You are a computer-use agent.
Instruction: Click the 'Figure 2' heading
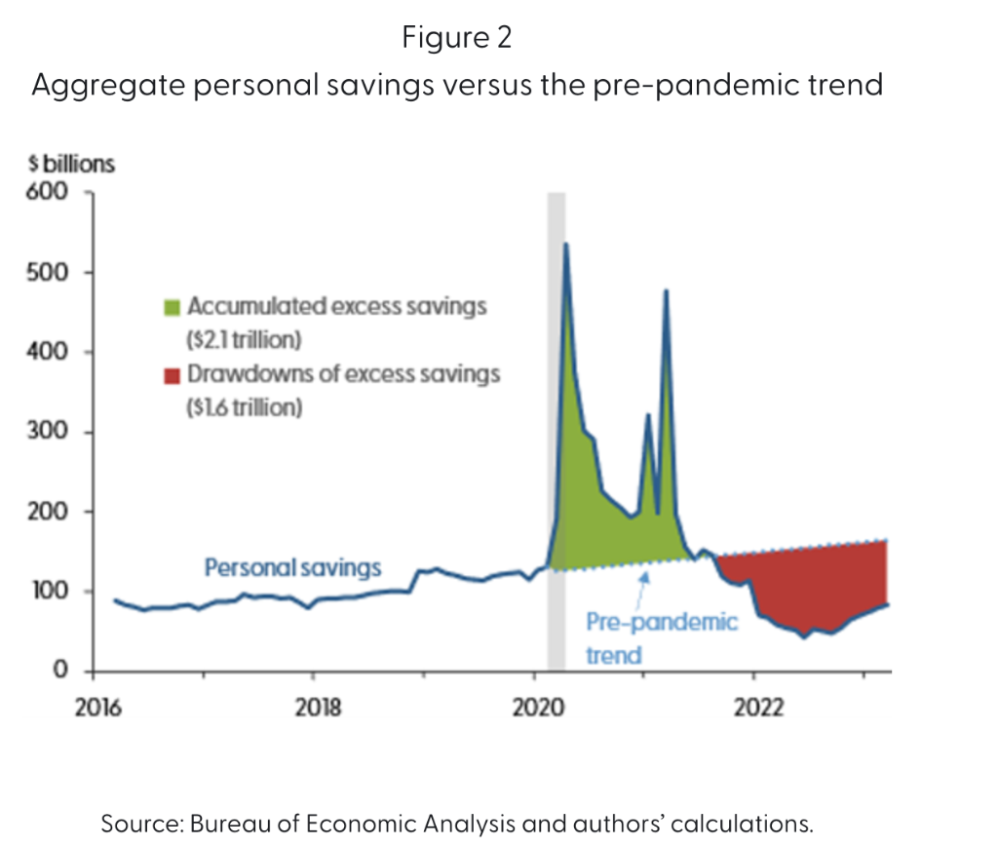coord(456,38)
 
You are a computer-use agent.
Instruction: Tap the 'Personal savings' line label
coord(291,568)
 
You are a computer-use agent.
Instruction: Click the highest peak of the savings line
coord(566,245)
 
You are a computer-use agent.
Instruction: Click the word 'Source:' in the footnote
coord(143,824)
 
